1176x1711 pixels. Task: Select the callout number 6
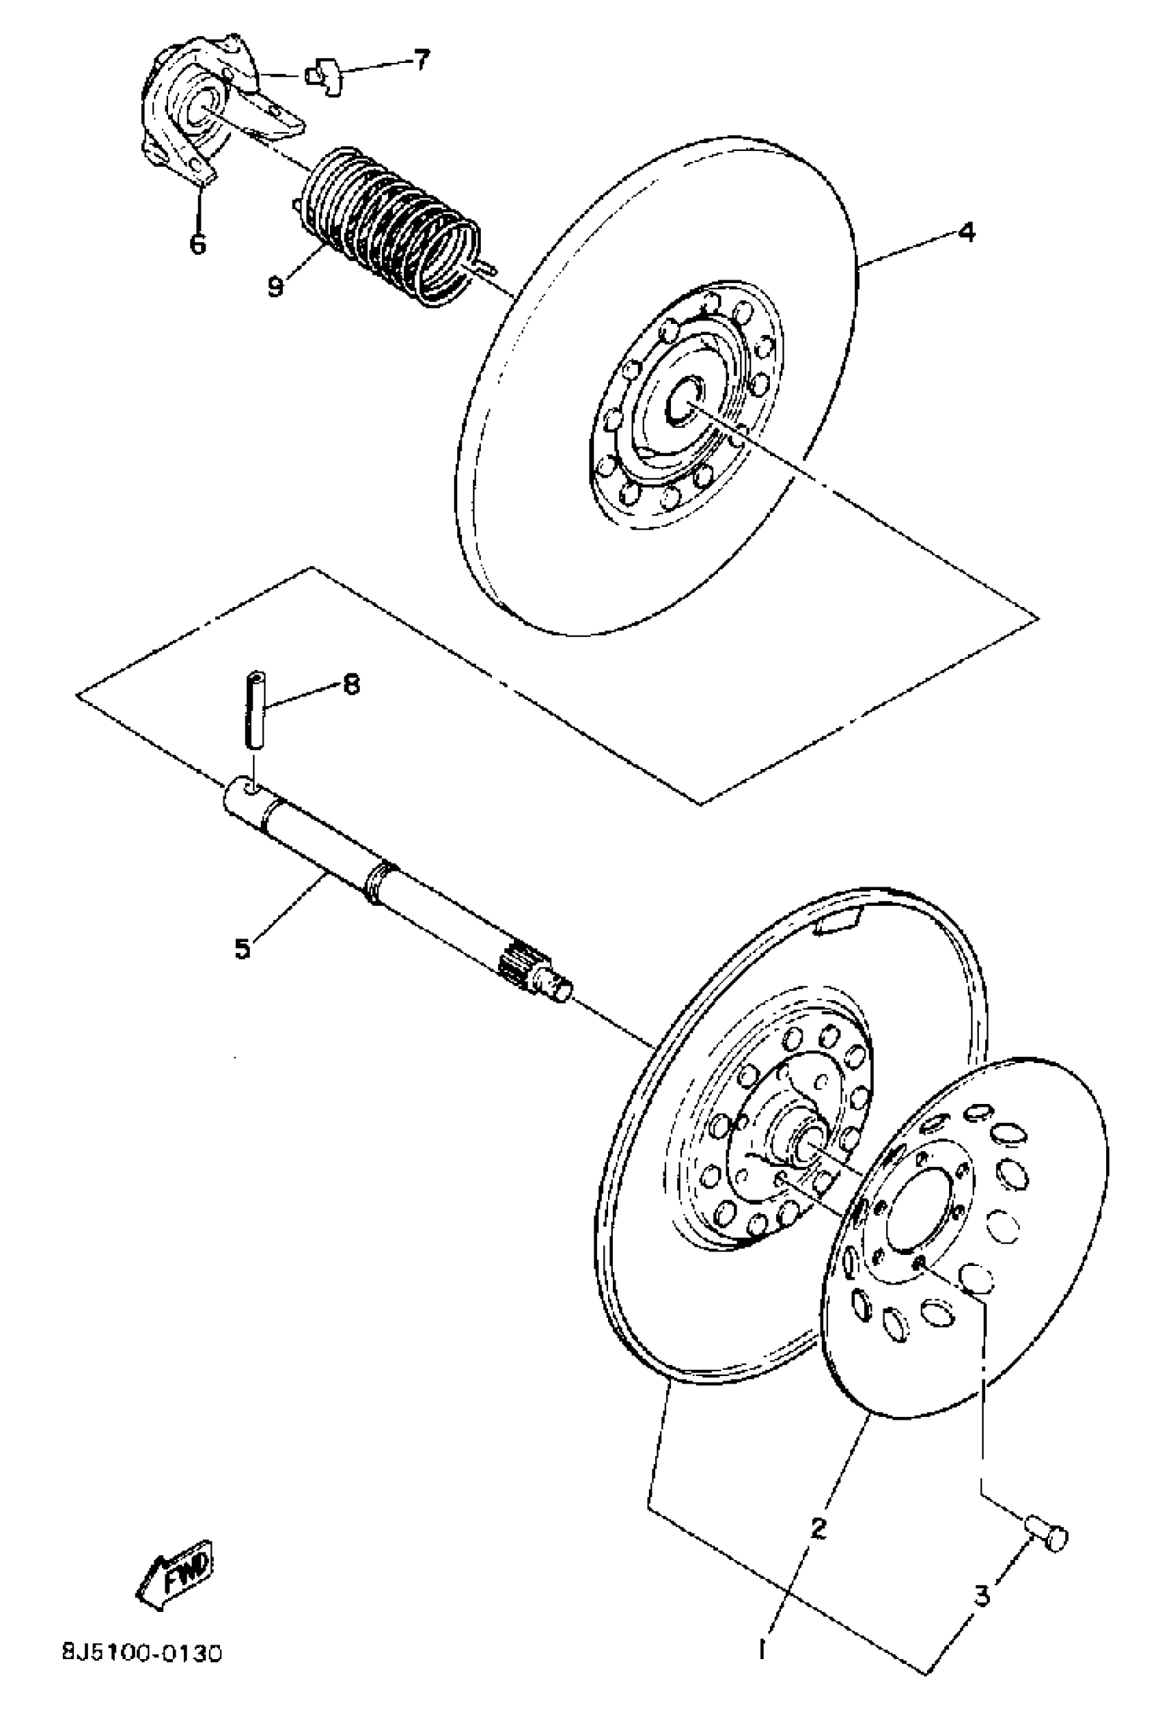197,242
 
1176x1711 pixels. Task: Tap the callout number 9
275,285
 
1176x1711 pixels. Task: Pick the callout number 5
242,948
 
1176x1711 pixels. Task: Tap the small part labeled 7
325,75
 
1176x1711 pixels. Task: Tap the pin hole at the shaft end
251,790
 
